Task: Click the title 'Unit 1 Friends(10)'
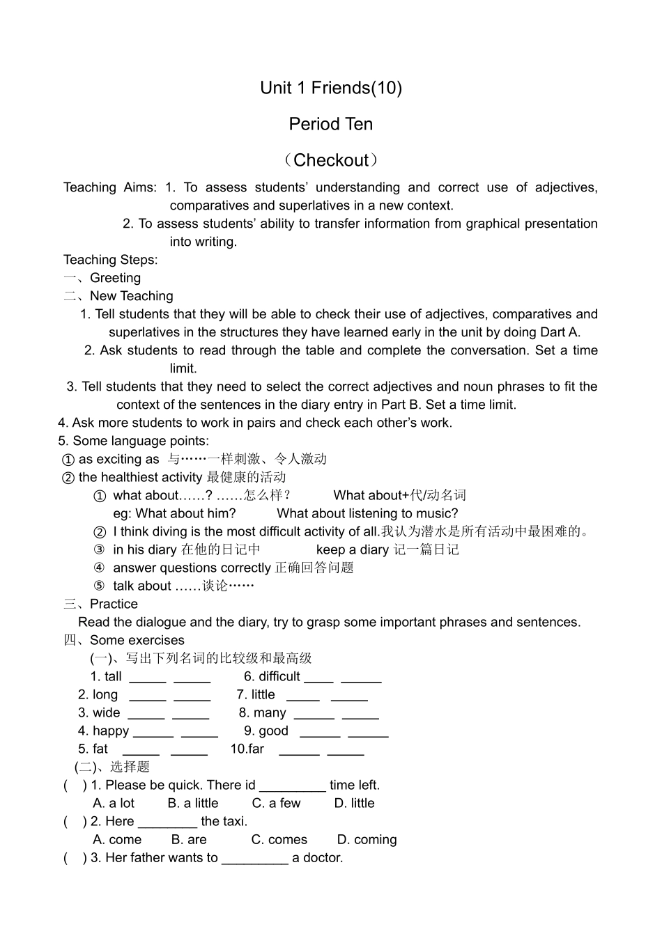coord(331,88)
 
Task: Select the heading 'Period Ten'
coord(331,124)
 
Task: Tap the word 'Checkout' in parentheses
coord(331,160)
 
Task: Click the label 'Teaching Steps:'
coord(111,260)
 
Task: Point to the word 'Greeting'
coord(115,278)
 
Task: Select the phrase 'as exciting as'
coord(119,459)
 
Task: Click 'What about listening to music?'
coord(367,513)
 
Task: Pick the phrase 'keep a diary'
coord(352,549)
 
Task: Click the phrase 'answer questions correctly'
coord(192,568)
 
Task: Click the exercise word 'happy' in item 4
coord(111,731)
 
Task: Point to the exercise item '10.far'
coord(247,749)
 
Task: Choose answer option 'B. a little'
coord(193,803)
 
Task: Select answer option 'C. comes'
coord(279,839)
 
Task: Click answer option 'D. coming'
coord(367,839)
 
